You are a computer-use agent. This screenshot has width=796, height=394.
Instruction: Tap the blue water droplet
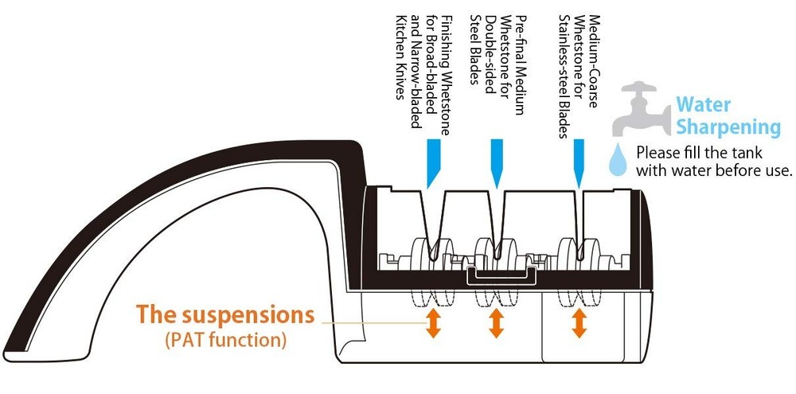point(618,162)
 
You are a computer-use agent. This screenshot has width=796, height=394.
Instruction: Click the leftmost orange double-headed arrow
point(433,323)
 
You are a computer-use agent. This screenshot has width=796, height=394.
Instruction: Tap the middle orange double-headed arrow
point(496,323)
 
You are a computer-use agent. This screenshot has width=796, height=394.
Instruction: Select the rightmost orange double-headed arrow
point(579,323)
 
